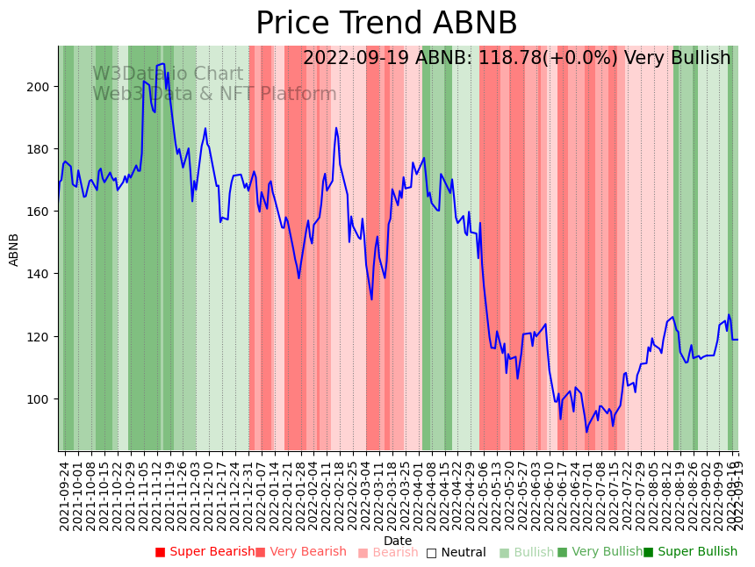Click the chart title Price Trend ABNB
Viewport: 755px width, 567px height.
(x=386, y=24)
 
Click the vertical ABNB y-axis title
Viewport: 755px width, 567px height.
(x=14, y=249)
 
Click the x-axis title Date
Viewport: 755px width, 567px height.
(x=398, y=541)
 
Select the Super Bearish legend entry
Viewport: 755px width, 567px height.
(x=205, y=552)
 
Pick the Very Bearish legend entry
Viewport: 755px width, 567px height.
(x=302, y=552)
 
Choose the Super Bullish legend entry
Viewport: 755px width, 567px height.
(x=691, y=552)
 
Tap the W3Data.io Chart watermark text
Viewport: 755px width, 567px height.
(x=168, y=75)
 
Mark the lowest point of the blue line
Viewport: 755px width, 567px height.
(x=586, y=431)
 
